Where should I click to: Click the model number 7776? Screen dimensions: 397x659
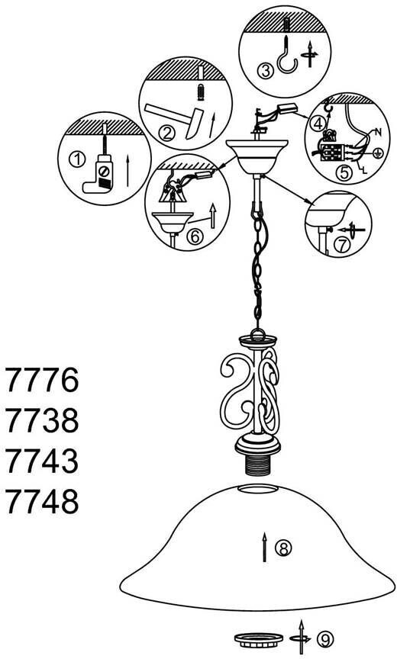42,380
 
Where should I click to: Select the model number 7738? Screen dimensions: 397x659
42,420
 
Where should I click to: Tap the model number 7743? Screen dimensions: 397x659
42,461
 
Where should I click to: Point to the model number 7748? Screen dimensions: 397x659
42,501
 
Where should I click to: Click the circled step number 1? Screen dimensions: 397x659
76,159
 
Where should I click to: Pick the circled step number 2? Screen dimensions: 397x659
166,133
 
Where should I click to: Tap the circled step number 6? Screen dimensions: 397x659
195,237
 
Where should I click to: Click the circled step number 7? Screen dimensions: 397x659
341,246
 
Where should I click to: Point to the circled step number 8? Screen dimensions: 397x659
283,548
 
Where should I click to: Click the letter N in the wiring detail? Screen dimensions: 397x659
378,133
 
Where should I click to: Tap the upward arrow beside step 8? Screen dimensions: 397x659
264,547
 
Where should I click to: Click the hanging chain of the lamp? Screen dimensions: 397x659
259,269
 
